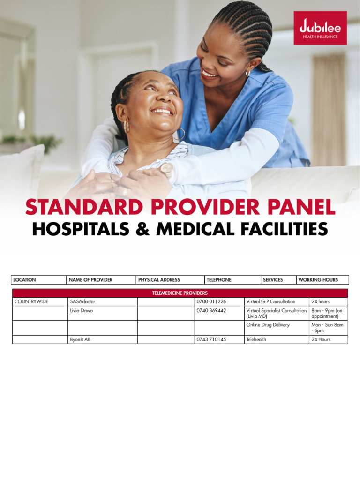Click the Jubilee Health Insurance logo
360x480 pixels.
click(x=320, y=28)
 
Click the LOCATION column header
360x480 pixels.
click(x=24, y=280)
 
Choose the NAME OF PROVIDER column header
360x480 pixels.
click(x=90, y=280)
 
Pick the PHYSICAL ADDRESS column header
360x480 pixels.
click(x=159, y=280)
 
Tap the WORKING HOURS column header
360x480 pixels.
click(x=318, y=280)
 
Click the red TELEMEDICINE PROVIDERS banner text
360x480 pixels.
click(x=180, y=293)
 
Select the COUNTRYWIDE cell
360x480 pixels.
click(x=31, y=302)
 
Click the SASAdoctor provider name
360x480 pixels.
click(x=82, y=302)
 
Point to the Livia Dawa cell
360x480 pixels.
click(x=82, y=311)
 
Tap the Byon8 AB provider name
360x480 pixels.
click(x=80, y=339)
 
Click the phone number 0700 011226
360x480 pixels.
click(x=211, y=302)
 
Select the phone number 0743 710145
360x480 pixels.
click(x=211, y=339)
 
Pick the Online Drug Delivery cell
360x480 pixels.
click(x=268, y=325)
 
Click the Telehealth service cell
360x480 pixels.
click(x=256, y=339)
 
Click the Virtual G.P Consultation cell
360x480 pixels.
click(x=271, y=302)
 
